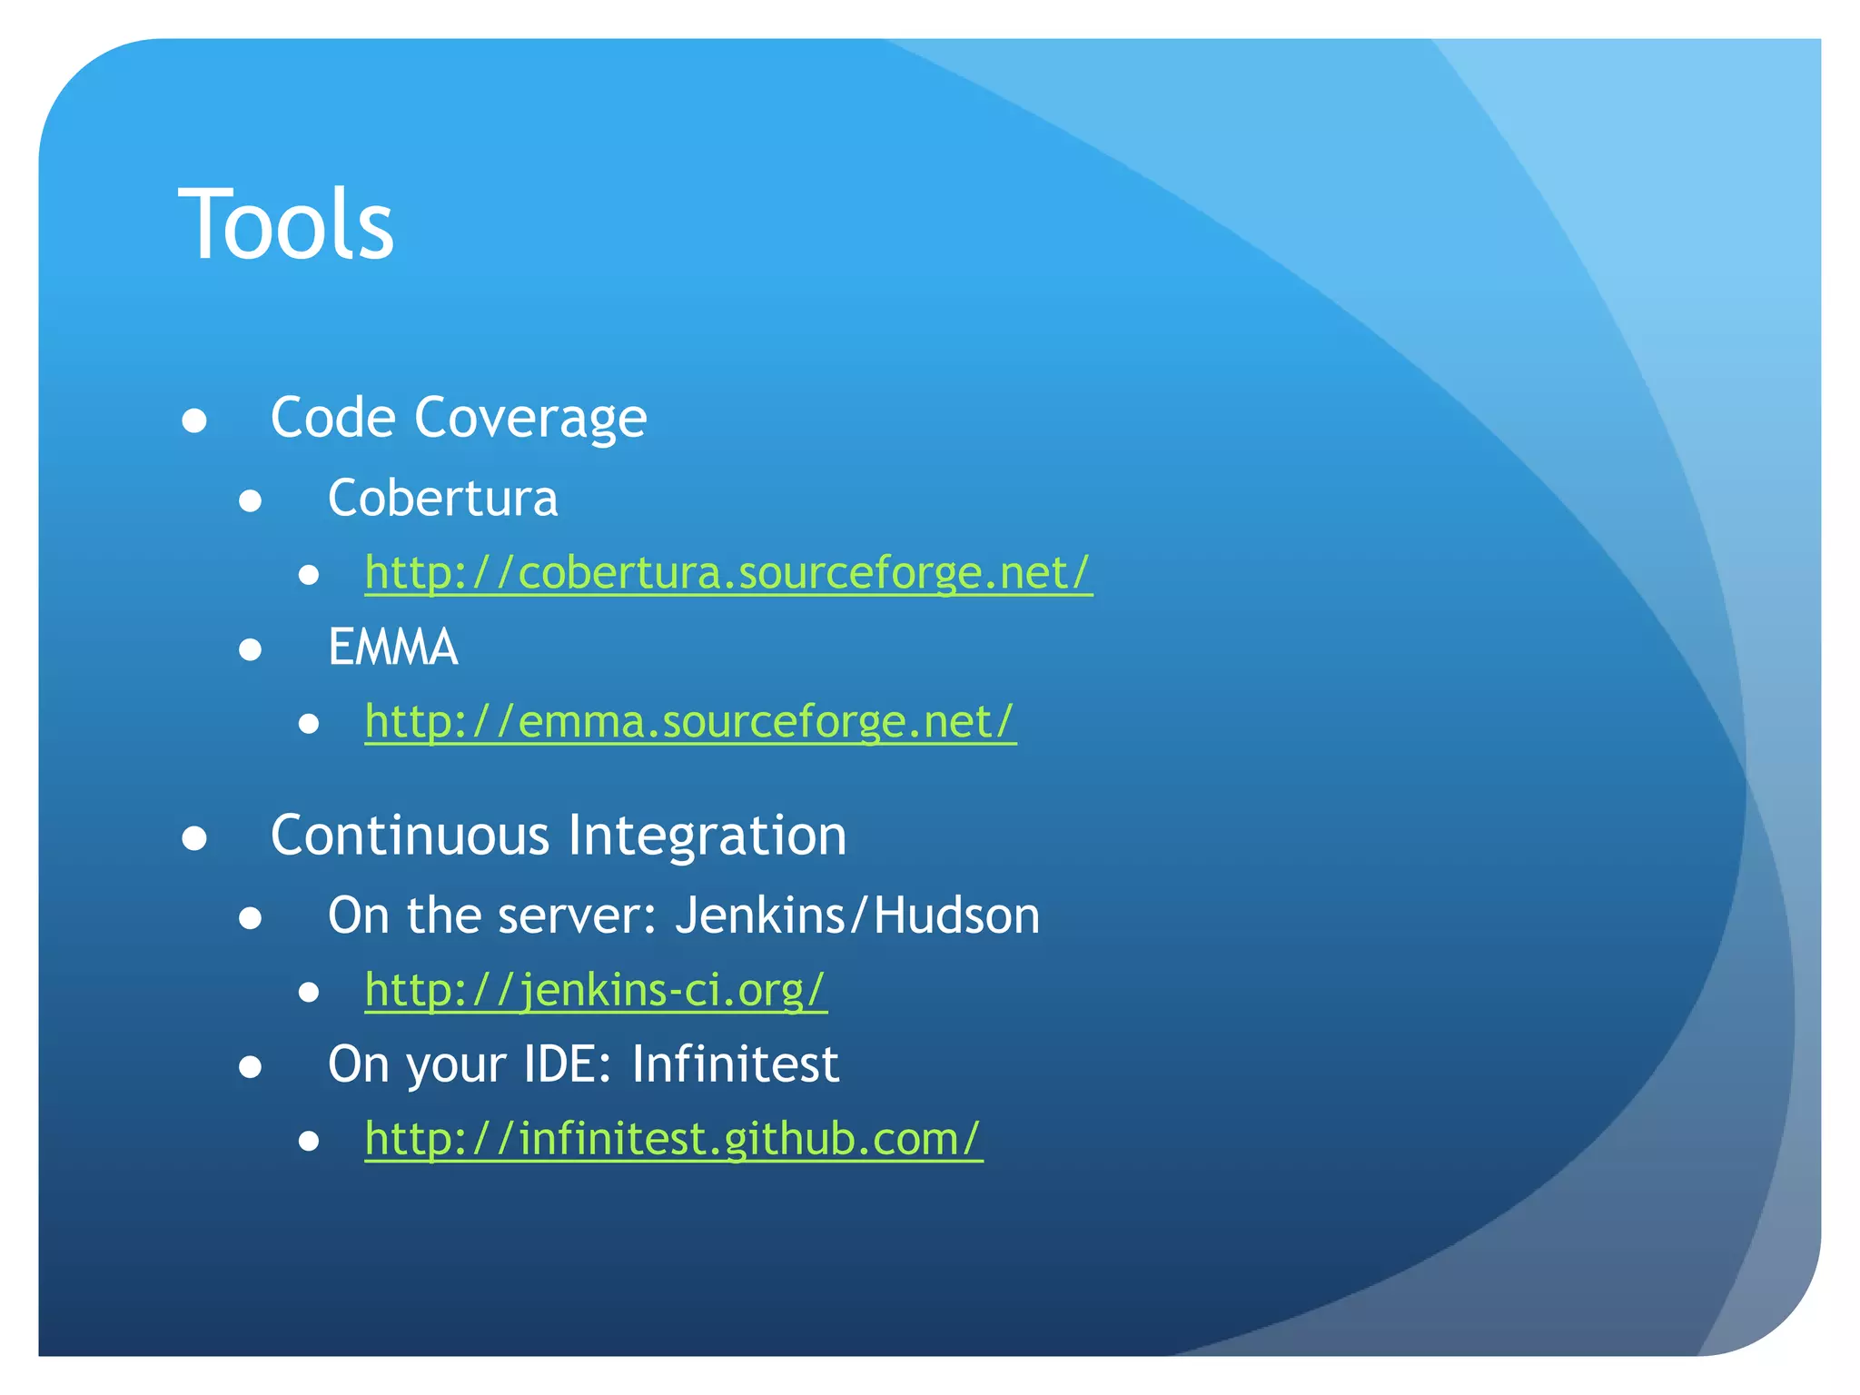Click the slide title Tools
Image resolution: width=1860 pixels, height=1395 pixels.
click(286, 224)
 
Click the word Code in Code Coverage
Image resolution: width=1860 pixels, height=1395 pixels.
click(333, 418)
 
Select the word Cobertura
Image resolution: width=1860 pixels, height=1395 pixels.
click(442, 499)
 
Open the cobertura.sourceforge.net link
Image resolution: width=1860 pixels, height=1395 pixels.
click(728, 573)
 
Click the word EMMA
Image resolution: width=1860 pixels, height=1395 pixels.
click(392, 648)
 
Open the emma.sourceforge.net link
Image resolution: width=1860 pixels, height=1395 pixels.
click(690, 722)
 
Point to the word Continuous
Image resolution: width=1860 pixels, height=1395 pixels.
click(410, 836)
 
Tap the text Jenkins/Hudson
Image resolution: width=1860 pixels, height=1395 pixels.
click(857, 915)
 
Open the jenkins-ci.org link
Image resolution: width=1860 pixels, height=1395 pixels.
click(596, 990)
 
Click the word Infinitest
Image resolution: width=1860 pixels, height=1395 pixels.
click(735, 1064)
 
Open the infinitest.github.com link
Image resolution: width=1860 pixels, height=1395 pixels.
click(673, 1139)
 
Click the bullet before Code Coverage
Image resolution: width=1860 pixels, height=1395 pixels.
click(194, 420)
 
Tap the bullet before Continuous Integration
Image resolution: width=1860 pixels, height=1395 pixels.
click(194, 838)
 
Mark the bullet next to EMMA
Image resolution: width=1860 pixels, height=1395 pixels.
click(251, 650)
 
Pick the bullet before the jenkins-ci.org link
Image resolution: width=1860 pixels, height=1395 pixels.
click(309, 993)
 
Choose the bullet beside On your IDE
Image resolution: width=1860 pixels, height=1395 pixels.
click(251, 1067)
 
